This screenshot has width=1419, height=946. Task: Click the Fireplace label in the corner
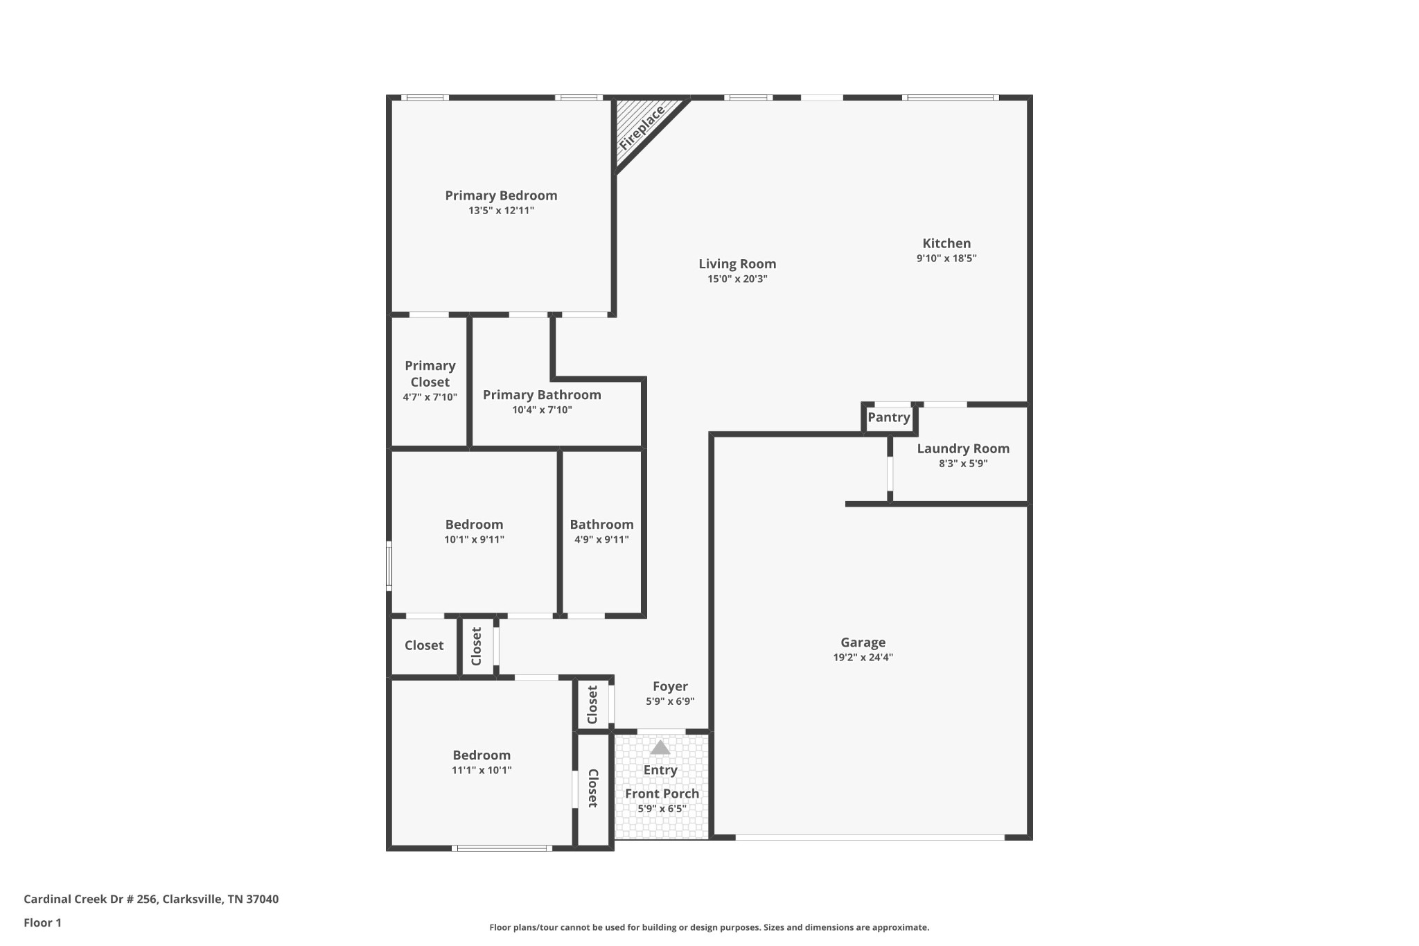click(642, 128)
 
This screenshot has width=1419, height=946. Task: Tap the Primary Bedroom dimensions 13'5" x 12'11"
click(501, 211)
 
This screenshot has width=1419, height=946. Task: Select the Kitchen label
click(946, 243)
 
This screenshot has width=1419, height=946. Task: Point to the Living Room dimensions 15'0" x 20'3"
click(737, 279)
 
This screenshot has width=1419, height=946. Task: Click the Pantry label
click(889, 417)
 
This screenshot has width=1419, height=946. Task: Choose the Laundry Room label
click(963, 448)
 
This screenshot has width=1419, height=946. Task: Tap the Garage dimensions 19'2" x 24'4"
click(863, 658)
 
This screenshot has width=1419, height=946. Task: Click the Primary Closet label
click(430, 374)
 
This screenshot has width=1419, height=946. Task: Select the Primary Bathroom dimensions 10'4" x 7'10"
click(542, 410)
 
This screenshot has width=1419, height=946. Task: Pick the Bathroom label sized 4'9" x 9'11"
click(601, 525)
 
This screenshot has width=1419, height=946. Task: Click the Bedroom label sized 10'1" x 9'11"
click(474, 525)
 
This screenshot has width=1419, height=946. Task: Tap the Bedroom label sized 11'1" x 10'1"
click(482, 755)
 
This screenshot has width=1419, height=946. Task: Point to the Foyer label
click(670, 686)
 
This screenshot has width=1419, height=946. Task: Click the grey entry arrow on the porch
click(660, 748)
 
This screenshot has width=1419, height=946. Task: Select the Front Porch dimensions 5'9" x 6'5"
click(662, 809)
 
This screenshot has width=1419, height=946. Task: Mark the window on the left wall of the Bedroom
click(389, 566)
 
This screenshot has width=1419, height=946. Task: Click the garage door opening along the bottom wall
click(870, 837)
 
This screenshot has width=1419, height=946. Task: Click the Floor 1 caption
click(42, 922)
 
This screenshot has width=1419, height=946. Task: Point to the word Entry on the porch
click(660, 770)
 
